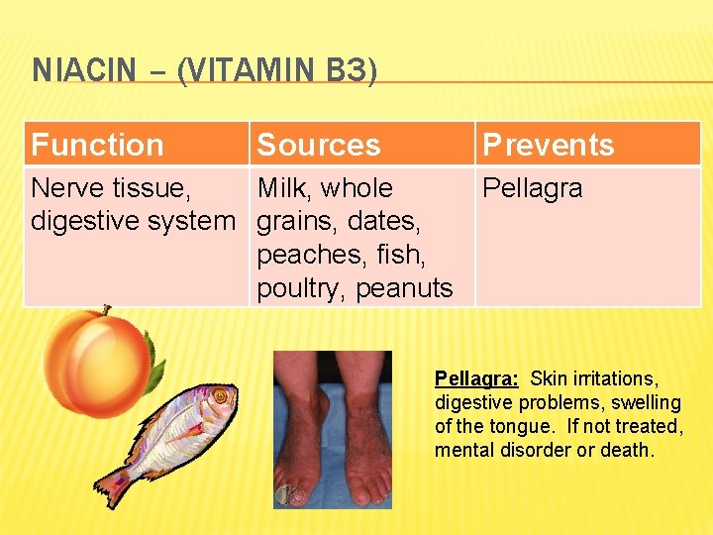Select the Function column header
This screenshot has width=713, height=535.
(x=97, y=145)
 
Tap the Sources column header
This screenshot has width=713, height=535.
(x=318, y=145)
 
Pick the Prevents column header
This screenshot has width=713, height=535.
(x=548, y=145)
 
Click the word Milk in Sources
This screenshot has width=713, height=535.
(x=285, y=188)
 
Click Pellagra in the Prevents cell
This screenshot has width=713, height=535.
(x=532, y=188)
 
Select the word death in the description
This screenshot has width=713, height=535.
(x=628, y=450)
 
